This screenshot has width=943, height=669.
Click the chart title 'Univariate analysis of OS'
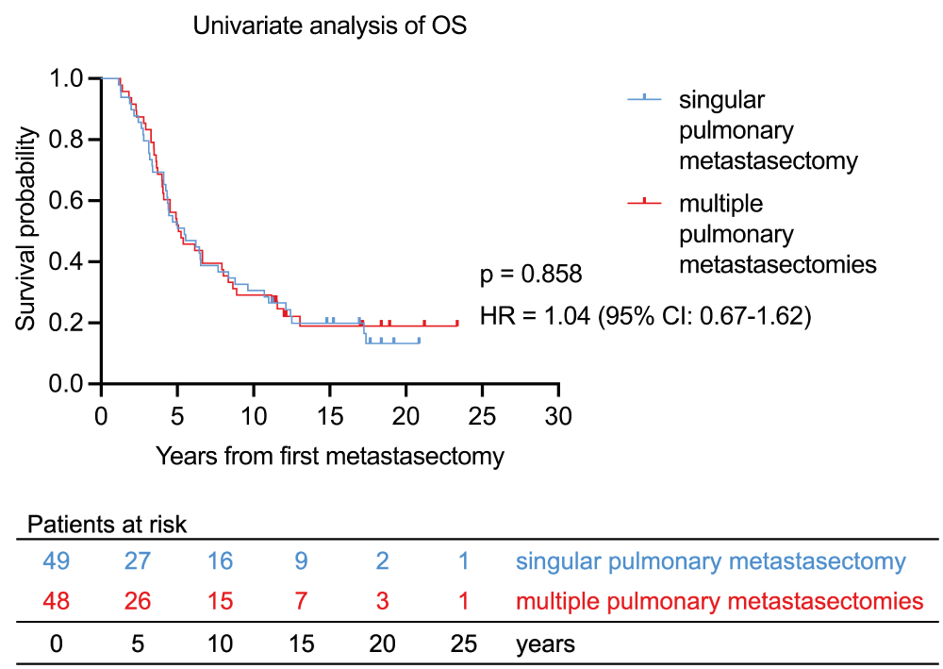coord(330,26)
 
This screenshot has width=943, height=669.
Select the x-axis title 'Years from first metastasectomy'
coord(330,457)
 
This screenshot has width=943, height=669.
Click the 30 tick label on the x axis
coord(558,417)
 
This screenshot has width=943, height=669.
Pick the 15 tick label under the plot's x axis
coord(329,417)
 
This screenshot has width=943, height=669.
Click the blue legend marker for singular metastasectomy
coord(644,97)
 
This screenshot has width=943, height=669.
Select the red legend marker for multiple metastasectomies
coord(644,201)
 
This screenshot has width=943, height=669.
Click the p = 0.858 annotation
coord(531,275)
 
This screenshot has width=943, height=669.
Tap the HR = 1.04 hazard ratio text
coord(646,316)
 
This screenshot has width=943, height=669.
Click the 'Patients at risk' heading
coord(108,525)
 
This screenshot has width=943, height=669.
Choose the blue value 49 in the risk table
coord(56,562)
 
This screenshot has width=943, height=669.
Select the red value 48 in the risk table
coord(56,601)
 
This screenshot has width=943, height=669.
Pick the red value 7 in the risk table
coord(301,601)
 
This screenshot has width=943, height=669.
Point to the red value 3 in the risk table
coord(382,601)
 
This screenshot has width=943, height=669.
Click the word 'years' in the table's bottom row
coord(545,645)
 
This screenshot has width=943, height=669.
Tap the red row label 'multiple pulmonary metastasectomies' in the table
coord(719,601)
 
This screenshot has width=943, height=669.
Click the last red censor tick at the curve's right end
coord(457,323)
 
